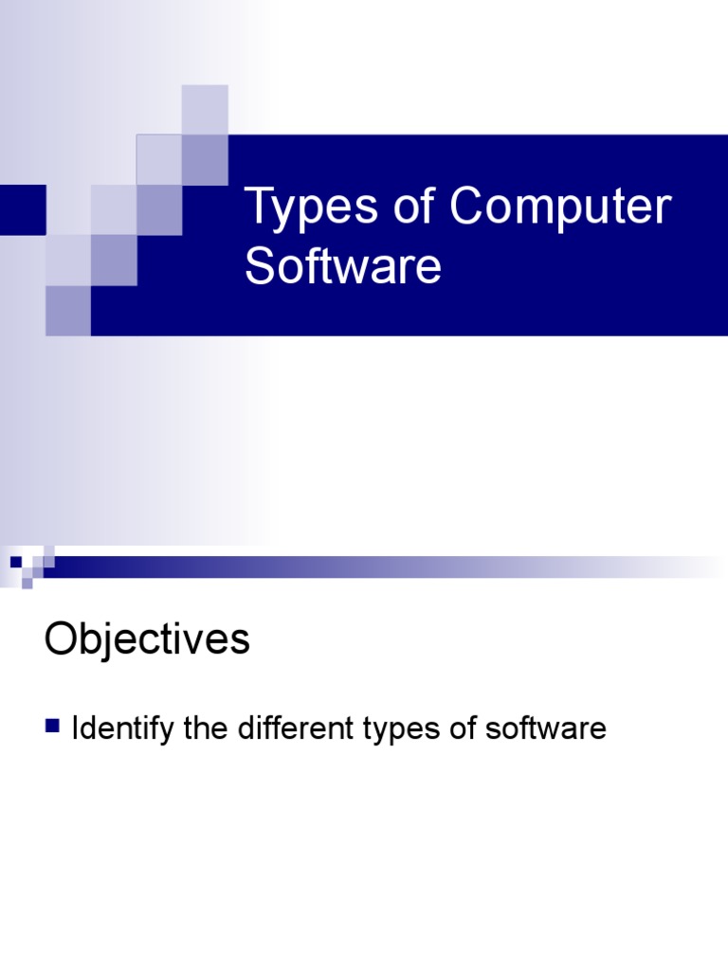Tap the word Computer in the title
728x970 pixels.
pyautogui.click(x=560, y=208)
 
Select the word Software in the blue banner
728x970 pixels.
pyautogui.click(x=342, y=267)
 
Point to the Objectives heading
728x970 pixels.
pyautogui.click(x=147, y=640)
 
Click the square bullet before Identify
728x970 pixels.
pyautogui.click(x=52, y=727)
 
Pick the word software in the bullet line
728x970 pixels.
pyautogui.click(x=545, y=728)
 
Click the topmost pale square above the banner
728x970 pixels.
pyautogui.click(x=205, y=109)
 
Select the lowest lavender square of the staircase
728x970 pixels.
pyautogui.click(x=68, y=311)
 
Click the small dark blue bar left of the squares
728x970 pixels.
pyautogui.click(x=22, y=209)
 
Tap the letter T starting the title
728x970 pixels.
pyautogui.click(x=257, y=208)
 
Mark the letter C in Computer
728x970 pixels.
pyautogui.click(x=467, y=208)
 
